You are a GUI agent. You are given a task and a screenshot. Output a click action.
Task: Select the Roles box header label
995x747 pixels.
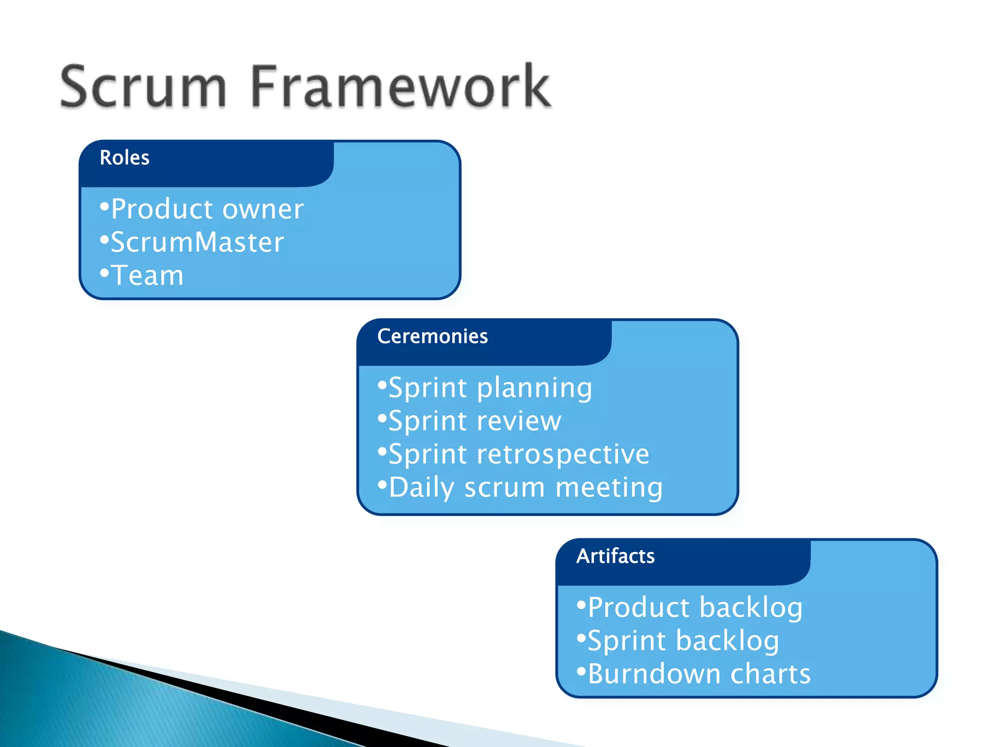[x=124, y=158]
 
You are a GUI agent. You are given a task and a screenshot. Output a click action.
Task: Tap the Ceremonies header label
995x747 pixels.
[x=432, y=337]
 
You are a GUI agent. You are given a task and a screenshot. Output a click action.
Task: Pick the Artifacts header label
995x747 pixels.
[x=615, y=556]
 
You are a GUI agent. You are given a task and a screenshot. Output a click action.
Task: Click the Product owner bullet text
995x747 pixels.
[x=207, y=209]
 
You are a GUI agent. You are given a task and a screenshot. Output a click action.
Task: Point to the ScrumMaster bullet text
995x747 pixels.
[x=197, y=242]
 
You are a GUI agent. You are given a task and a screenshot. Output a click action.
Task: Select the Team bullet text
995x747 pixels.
[x=147, y=275]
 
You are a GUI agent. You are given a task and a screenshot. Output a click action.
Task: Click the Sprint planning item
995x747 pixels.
[x=490, y=388]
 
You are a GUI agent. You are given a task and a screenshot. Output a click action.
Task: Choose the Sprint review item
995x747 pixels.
[x=475, y=421]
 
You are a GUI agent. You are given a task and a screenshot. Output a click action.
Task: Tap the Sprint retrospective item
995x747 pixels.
[x=518, y=454]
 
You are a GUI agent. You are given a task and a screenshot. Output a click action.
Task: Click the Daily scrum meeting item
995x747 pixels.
[x=525, y=487]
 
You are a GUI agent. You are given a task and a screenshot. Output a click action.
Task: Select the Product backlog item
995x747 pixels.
[x=695, y=607]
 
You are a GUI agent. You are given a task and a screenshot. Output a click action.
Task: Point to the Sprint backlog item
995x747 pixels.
[x=683, y=640]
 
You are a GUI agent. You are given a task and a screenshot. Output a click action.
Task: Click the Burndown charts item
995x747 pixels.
[x=699, y=674]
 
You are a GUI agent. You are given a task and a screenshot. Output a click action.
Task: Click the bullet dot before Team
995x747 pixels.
[x=104, y=273]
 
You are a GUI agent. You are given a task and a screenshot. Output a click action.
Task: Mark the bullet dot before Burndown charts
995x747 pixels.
[x=581, y=672]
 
